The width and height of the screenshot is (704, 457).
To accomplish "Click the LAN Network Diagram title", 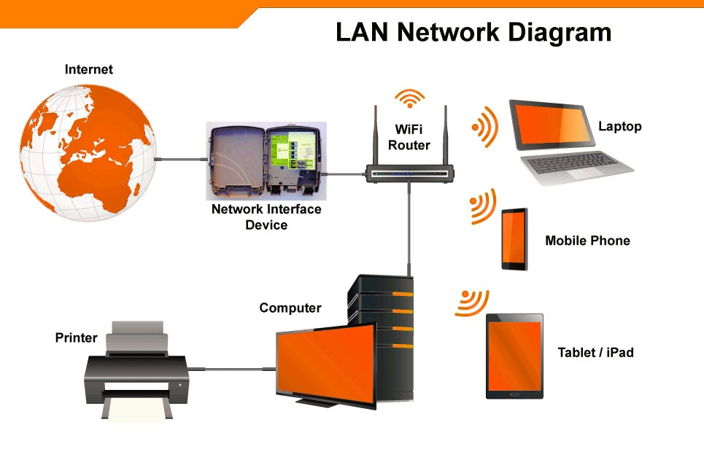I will (473, 33).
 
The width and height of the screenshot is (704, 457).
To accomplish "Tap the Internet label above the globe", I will (89, 70).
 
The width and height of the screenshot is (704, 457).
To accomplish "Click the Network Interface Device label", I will (266, 217).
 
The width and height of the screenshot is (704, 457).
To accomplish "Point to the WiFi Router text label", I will (409, 137).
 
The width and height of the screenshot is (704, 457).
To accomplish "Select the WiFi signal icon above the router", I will (409, 99).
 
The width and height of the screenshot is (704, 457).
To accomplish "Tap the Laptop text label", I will (619, 126).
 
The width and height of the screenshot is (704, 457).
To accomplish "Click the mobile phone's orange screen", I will (514, 238).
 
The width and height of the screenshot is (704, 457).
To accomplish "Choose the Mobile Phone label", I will (587, 241).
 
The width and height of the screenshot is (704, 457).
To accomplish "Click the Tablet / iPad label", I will (595, 353).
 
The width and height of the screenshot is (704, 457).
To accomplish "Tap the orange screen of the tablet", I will (514, 354).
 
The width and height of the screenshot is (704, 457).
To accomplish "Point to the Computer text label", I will (290, 308).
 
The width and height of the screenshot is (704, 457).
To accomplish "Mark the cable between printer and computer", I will (233, 370).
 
